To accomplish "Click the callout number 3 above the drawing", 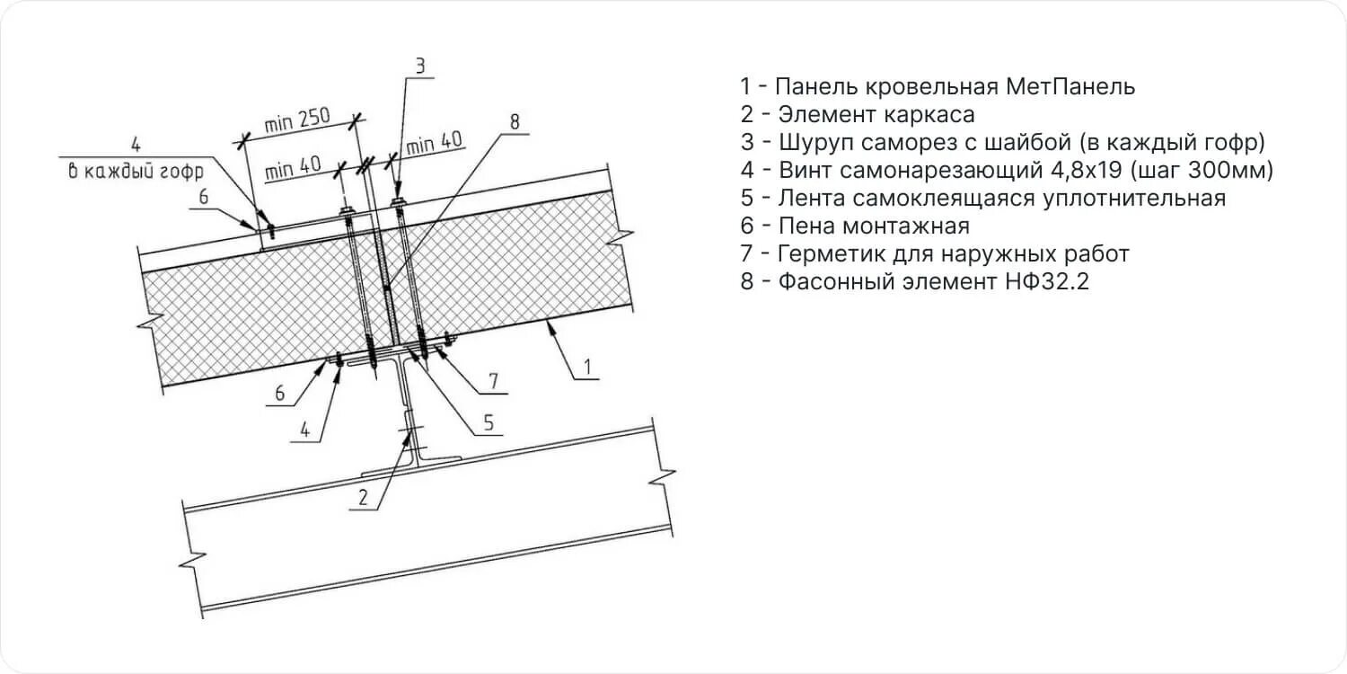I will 419,65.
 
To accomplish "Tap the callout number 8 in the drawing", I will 515,122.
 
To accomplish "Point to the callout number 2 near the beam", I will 364,497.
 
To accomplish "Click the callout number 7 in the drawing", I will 493,381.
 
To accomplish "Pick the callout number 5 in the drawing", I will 489,422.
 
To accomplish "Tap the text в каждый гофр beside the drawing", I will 136,171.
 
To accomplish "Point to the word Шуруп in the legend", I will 814,143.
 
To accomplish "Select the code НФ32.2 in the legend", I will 1043,282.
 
